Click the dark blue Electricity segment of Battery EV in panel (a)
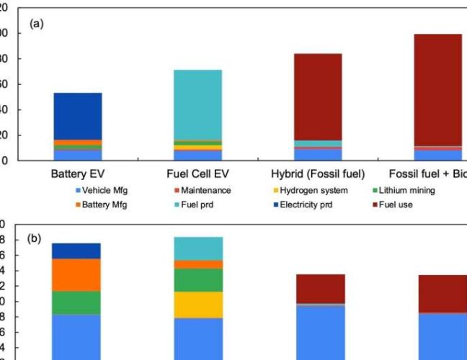point(77,116)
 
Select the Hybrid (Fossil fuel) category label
point(318,174)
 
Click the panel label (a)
point(36,23)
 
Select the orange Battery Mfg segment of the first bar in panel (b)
point(76,274)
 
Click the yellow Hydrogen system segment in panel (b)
point(198,304)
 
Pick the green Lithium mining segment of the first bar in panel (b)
point(76,302)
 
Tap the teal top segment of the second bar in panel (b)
point(198,248)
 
